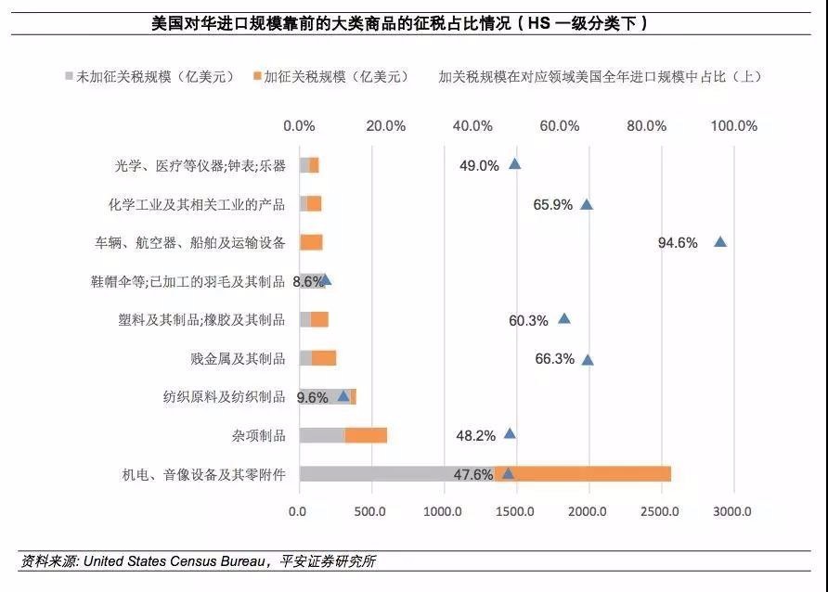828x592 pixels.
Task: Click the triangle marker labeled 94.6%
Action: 719,242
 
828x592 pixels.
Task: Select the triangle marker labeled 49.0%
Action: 514,164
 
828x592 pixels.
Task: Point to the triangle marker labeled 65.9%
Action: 586,204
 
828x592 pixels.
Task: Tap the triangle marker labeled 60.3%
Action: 563,319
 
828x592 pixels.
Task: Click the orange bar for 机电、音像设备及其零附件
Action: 583,473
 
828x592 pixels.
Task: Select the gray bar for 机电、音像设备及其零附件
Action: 396,473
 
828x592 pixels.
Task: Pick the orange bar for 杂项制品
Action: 366,435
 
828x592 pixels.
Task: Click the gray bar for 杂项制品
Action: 321,435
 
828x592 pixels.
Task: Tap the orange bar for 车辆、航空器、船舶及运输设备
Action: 311,242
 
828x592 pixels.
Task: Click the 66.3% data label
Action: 554,359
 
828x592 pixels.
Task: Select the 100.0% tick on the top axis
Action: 735,126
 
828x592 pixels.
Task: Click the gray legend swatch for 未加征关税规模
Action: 70,77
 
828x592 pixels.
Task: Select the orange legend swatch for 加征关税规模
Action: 257,77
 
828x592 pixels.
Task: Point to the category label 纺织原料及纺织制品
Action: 224,397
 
